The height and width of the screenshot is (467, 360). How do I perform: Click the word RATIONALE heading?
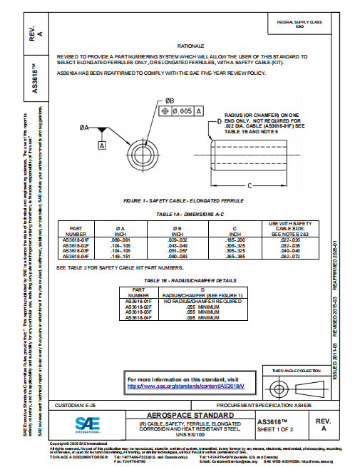click(190, 44)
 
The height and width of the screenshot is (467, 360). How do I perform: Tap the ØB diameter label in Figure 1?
click(170, 101)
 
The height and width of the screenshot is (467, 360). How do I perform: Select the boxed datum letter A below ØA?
click(102, 145)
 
